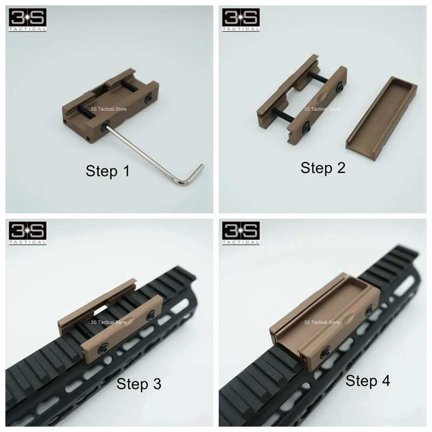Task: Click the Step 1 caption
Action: coord(107,171)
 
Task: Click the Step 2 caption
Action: coord(323,168)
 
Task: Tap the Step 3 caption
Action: coord(139,384)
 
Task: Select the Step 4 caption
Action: coord(368,381)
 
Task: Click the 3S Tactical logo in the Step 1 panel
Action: coord(28,20)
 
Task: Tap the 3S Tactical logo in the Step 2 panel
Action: coord(241,20)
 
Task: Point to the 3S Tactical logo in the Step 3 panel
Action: coord(28,233)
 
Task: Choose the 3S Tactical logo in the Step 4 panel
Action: coord(241,233)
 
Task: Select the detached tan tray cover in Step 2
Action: coord(382,118)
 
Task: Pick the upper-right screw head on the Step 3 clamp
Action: coord(151,315)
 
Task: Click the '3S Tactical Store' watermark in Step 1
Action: coord(109,109)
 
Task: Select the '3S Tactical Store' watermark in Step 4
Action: coord(322,322)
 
